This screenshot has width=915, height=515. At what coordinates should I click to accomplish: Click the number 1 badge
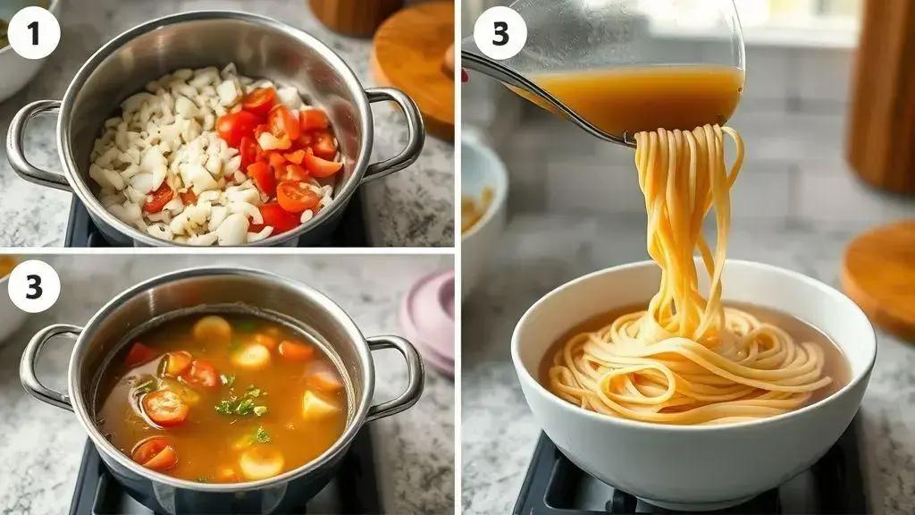[34, 33]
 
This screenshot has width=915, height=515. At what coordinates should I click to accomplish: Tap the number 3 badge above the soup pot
[34, 286]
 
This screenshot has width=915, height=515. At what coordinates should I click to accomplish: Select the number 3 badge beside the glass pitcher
[500, 33]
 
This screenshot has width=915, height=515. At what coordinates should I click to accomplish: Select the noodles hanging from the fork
[689, 233]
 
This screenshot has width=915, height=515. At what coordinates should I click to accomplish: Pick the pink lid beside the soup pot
[429, 321]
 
